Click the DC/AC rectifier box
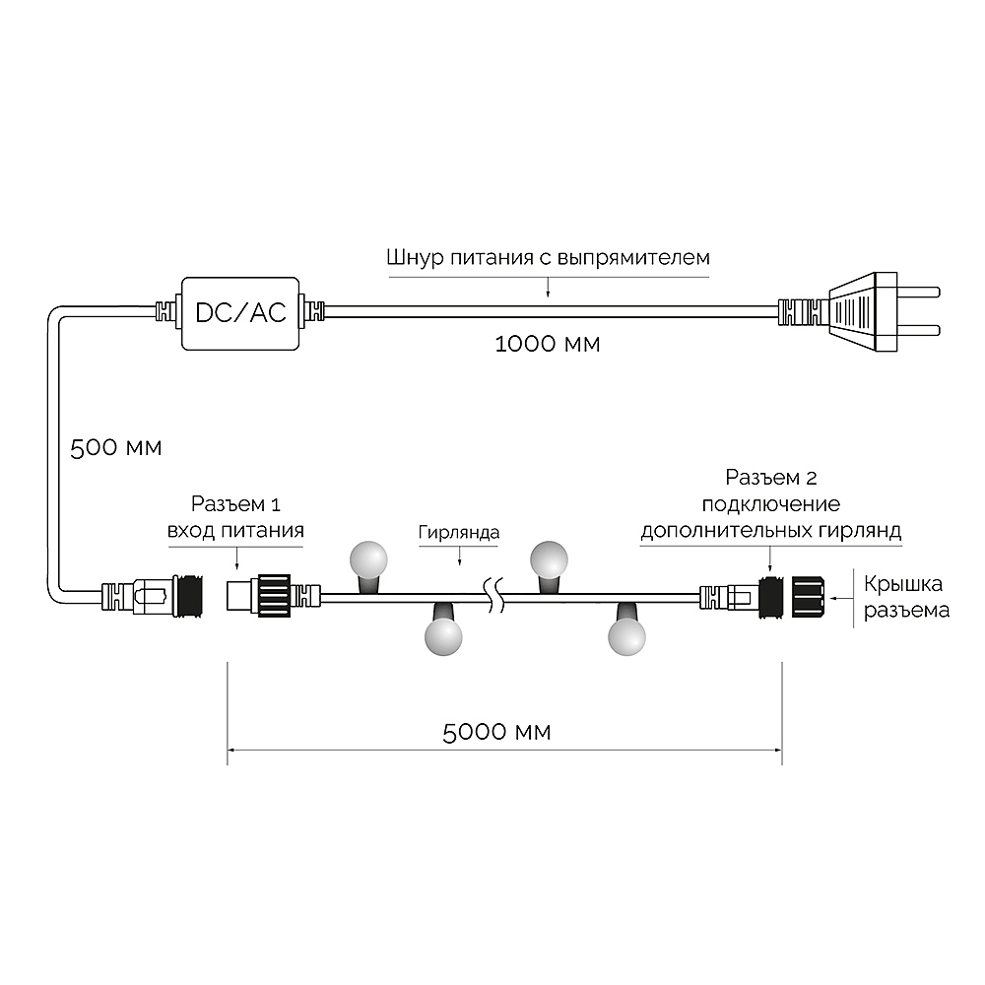click(x=240, y=313)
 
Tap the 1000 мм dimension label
click(x=547, y=344)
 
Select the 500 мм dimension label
click(x=115, y=448)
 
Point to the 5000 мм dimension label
click(x=496, y=733)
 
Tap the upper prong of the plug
click(x=918, y=293)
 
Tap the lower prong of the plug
click(x=918, y=330)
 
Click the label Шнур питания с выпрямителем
click(x=549, y=258)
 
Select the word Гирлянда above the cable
click(x=459, y=533)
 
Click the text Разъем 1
click(x=235, y=503)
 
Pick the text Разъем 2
click(x=771, y=478)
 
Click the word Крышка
click(x=902, y=584)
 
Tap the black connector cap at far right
click(x=808, y=596)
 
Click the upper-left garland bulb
click(x=368, y=560)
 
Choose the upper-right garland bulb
click(x=549, y=560)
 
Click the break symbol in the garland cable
click(x=493, y=596)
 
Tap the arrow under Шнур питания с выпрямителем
click(x=548, y=287)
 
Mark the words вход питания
click(x=235, y=531)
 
